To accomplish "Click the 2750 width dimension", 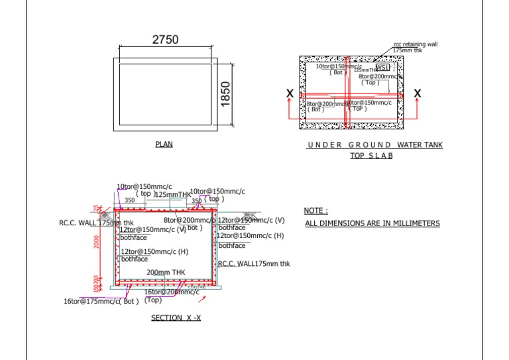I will [165, 40].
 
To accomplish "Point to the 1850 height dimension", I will [225, 93].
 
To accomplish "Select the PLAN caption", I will [164, 144].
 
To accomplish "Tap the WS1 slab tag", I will [383, 68].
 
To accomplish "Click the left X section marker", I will [290, 94].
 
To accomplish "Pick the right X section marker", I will [417, 94].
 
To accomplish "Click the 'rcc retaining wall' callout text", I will [416, 44].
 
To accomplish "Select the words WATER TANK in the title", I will [420, 145].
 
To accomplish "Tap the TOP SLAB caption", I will [371, 156].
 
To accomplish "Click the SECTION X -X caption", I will [176, 318].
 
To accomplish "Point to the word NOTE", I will [315, 211].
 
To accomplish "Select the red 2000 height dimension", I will [96, 243].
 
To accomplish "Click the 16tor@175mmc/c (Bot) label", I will [101, 301].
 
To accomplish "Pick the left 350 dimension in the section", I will [129, 200].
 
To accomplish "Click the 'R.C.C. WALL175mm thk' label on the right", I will [254, 263].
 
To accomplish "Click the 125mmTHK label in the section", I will [172, 194].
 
